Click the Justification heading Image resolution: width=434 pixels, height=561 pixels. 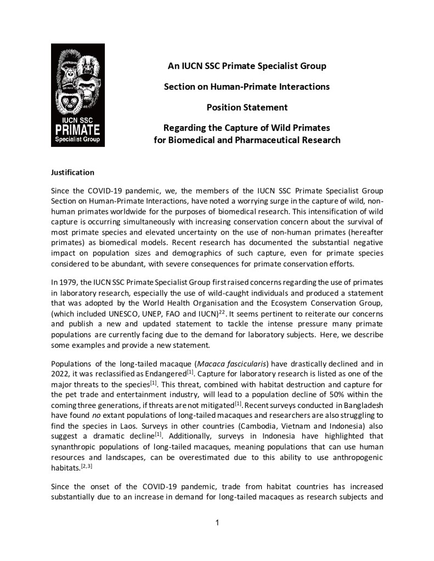pyautogui.click(x=72, y=172)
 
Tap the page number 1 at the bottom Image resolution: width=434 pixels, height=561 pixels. pyautogui.click(x=217, y=522)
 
